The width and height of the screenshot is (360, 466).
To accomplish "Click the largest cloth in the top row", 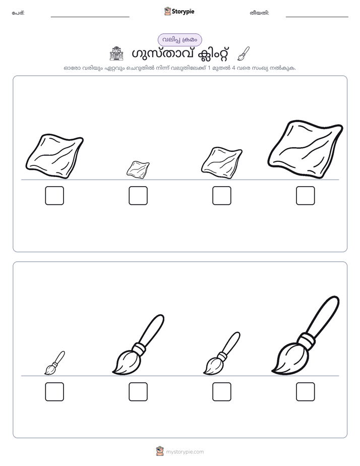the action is [306, 149].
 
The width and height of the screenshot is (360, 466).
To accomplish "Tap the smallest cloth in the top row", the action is [138, 169].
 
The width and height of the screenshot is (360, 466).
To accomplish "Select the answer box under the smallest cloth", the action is [138, 196].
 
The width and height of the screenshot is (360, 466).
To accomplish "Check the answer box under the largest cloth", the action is [306, 196].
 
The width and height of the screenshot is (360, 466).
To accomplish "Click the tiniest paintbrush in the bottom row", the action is [54, 363].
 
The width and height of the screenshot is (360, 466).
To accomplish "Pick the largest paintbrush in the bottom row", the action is [306, 335].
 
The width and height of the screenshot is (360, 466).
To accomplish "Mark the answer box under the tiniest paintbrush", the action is [54, 392].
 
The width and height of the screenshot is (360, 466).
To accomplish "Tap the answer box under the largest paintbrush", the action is [306, 392].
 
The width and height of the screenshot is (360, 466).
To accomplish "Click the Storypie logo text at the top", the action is [183, 12].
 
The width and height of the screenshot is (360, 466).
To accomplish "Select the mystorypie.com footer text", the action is [185, 452].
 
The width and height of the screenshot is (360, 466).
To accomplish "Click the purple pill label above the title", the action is [179, 40].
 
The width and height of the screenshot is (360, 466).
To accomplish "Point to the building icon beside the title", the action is [116, 53].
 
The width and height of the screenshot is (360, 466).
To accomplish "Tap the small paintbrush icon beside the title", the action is [244, 53].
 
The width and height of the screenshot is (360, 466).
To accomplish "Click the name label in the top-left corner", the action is [18, 13].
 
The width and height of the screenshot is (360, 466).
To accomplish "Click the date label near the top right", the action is [259, 13].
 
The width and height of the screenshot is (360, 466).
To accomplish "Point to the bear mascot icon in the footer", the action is [160, 451].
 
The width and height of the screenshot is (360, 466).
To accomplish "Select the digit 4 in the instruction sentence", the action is [233, 68].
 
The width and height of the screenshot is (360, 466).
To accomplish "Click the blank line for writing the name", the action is [90, 17].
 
